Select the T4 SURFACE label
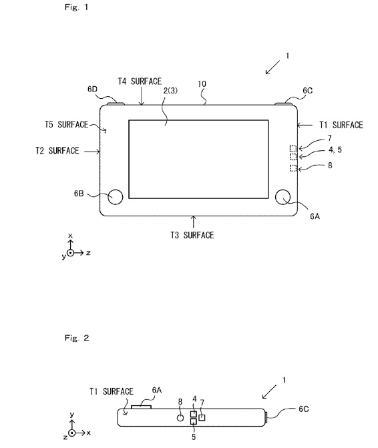tap(140, 81)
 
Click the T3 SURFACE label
tap(192, 235)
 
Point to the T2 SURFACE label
tap(57, 151)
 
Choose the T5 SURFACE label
tap(66, 125)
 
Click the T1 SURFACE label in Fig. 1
tap(341, 125)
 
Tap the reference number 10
tap(202, 83)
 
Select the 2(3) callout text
tap(170, 90)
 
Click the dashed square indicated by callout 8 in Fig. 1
tap(293, 168)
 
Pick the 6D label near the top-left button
tap(92, 89)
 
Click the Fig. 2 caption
tap(77, 338)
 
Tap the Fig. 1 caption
tap(77, 7)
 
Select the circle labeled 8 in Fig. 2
tap(180, 418)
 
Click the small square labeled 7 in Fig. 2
tap(202, 418)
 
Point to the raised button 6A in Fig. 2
tap(141, 407)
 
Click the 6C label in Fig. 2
tap(304, 409)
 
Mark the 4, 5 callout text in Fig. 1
tap(335, 150)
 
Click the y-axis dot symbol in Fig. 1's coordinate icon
tap(70, 253)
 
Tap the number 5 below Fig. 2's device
tap(194, 437)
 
